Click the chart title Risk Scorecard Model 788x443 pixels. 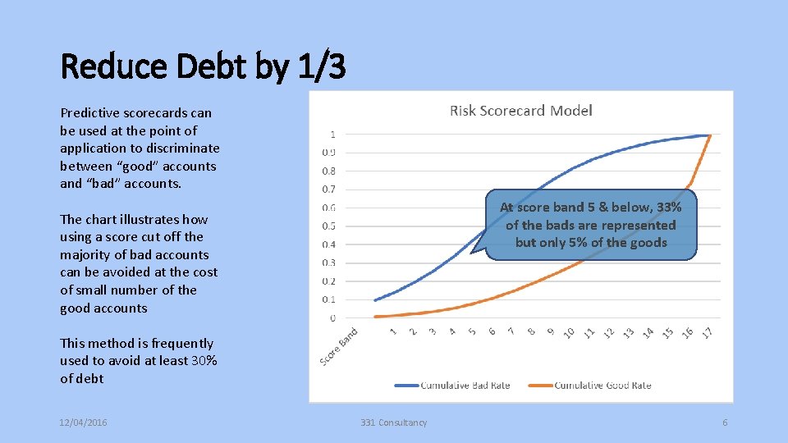click(520, 111)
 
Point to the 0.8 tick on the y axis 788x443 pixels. click(328, 171)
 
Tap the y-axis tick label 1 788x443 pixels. click(332, 134)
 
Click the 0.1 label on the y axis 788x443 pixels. click(328, 299)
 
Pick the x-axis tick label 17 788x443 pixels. click(707, 331)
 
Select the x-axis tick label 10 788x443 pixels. click(569, 332)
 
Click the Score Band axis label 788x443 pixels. click(338, 346)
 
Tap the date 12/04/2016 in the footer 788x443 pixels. click(84, 422)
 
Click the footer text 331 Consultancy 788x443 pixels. click(394, 422)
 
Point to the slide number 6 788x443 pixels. click(725, 422)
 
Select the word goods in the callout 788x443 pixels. click(647, 243)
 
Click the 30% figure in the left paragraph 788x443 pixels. click(204, 361)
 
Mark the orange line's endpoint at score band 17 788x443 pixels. click(710, 135)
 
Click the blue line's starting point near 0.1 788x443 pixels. click(375, 299)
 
